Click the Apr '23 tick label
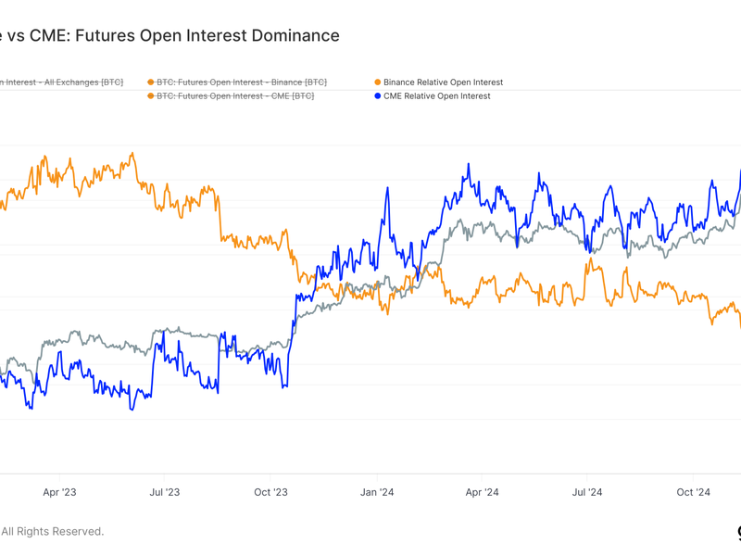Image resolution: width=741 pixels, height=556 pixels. [x=59, y=492]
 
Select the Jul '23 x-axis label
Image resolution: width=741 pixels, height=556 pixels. [x=165, y=492]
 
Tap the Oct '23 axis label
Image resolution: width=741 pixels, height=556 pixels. [x=270, y=492]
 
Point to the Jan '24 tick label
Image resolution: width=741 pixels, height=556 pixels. [x=376, y=492]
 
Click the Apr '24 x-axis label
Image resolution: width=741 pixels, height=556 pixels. [x=481, y=492]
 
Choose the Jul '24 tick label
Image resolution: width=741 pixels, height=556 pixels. [x=586, y=492]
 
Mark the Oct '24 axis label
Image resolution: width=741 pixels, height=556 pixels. [x=692, y=492]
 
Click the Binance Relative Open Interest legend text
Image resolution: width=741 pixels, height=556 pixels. [x=443, y=82]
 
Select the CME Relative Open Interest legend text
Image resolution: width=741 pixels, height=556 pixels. [x=436, y=95]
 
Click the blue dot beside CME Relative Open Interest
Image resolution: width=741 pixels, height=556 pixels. [x=377, y=95]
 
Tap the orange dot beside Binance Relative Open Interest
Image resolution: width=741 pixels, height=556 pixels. [x=377, y=82]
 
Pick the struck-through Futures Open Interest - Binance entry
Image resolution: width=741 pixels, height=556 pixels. [x=241, y=82]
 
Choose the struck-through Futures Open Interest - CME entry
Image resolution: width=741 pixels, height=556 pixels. [x=234, y=95]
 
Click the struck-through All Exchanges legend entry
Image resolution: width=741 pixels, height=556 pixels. [x=61, y=82]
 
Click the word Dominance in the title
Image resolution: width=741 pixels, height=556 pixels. [x=294, y=36]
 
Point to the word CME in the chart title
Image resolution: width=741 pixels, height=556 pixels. [x=48, y=36]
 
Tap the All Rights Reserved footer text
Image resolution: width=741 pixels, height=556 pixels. [x=53, y=531]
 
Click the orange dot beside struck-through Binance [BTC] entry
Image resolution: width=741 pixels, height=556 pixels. [x=151, y=82]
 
